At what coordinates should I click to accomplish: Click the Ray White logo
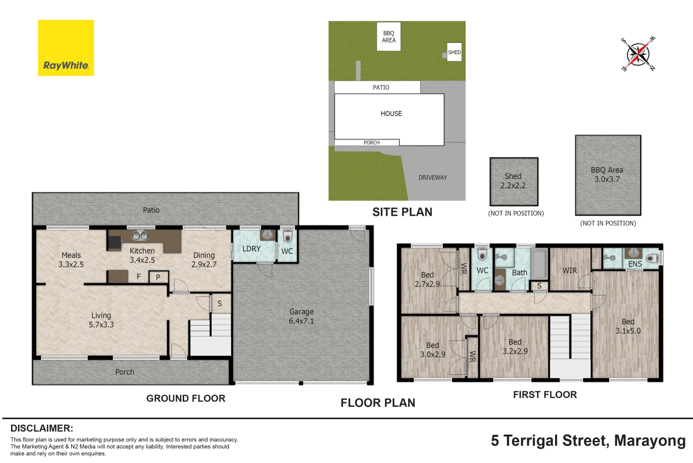pyautogui.click(x=66, y=48)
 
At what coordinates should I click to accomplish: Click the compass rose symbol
pyautogui.click(x=638, y=54)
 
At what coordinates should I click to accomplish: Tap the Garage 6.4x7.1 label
pyautogui.click(x=301, y=316)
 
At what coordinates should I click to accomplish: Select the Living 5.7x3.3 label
pyautogui.click(x=101, y=320)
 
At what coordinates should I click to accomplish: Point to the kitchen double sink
pyautogui.click(x=140, y=236)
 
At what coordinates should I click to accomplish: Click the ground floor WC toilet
pyautogui.click(x=288, y=236)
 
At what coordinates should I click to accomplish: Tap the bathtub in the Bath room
pyautogui.click(x=539, y=264)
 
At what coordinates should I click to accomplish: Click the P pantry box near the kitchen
pyautogui.click(x=158, y=277)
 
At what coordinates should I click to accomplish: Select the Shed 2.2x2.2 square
pyautogui.click(x=514, y=182)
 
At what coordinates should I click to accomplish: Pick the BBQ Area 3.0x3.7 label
pyautogui.click(x=607, y=175)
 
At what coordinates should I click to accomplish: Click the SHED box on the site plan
pyautogui.click(x=454, y=52)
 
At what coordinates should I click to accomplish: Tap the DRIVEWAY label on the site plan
pyautogui.click(x=433, y=177)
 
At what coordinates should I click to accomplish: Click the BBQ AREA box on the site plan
pyautogui.click(x=389, y=37)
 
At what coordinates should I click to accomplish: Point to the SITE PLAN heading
pyautogui.click(x=402, y=212)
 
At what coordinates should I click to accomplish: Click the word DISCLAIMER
pyautogui.click(x=42, y=428)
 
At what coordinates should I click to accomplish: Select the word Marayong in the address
pyautogui.click(x=650, y=441)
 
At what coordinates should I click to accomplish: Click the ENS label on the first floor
pyautogui.click(x=635, y=264)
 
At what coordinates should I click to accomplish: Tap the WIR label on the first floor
pyautogui.click(x=570, y=270)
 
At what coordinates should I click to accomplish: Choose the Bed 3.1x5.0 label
pyautogui.click(x=628, y=326)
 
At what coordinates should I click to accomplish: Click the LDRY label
pyautogui.click(x=252, y=249)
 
